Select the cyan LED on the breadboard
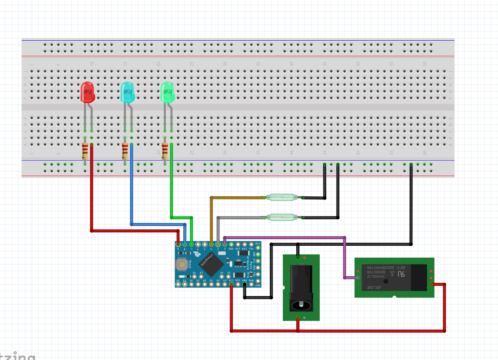click(x=127, y=92)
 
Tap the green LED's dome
click(x=167, y=92)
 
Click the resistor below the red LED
click(x=85, y=151)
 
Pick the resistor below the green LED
click(x=165, y=151)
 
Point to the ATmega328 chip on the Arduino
click(x=211, y=264)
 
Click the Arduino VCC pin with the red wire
click(x=231, y=284)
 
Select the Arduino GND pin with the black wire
click(x=244, y=284)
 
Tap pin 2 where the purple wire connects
click(x=224, y=244)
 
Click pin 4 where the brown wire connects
click(x=212, y=244)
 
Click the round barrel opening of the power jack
click(x=301, y=305)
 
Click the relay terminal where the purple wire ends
click(x=358, y=278)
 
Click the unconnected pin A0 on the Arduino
click(x=205, y=284)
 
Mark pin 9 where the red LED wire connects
click(x=178, y=244)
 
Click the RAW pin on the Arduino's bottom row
click(x=251, y=284)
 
